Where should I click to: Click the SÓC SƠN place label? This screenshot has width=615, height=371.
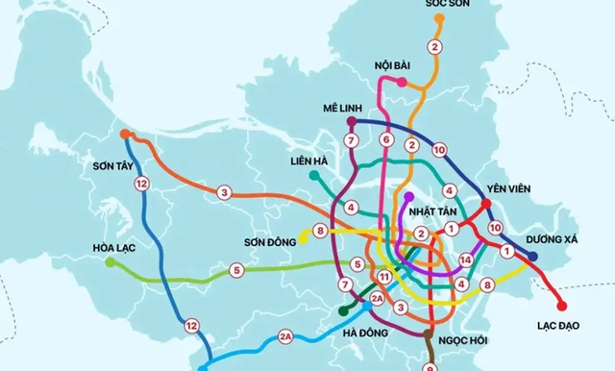pos(446,5)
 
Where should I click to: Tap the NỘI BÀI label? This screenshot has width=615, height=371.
pos(394,66)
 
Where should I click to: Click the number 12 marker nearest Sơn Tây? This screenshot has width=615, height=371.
pos(141,184)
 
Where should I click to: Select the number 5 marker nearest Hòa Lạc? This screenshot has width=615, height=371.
pos(237,272)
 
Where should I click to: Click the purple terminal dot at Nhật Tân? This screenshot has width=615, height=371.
pos(408,196)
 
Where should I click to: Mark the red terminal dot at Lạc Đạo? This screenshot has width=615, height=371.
pos(562,306)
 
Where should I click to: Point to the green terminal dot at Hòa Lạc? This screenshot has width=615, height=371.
pos(110,261)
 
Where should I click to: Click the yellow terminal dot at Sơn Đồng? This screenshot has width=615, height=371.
pos(301,232)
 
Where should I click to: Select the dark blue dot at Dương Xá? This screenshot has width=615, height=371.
pos(533,256)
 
